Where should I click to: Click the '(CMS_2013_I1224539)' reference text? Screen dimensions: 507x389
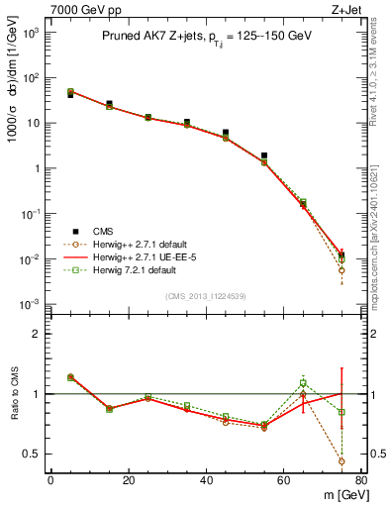[x=206, y=295]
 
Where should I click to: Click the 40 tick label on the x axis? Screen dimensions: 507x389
[x=206, y=480]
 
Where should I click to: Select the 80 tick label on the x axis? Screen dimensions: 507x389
[x=361, y=480]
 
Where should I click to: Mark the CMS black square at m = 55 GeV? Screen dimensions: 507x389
[x=264, y=155]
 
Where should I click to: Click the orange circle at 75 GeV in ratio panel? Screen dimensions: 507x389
[x=341, y=461]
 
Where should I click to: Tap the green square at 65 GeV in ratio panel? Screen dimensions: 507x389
[x=303, y=383]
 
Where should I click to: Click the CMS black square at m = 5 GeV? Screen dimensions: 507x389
[x=70, y=95]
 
